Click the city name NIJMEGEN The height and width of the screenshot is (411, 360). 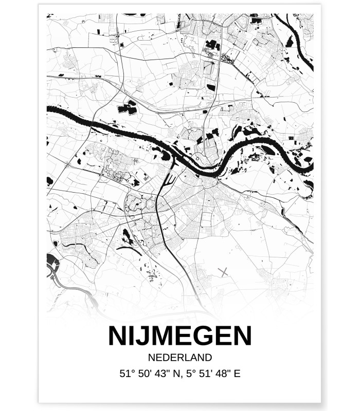(x=179, y=335)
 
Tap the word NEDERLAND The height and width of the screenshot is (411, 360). (x=179, y=357)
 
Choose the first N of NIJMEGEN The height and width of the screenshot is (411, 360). (x=117, y=335)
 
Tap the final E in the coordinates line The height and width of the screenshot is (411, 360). (x=237, y=373)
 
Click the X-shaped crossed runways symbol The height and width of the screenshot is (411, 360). (x=223, y=272)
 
